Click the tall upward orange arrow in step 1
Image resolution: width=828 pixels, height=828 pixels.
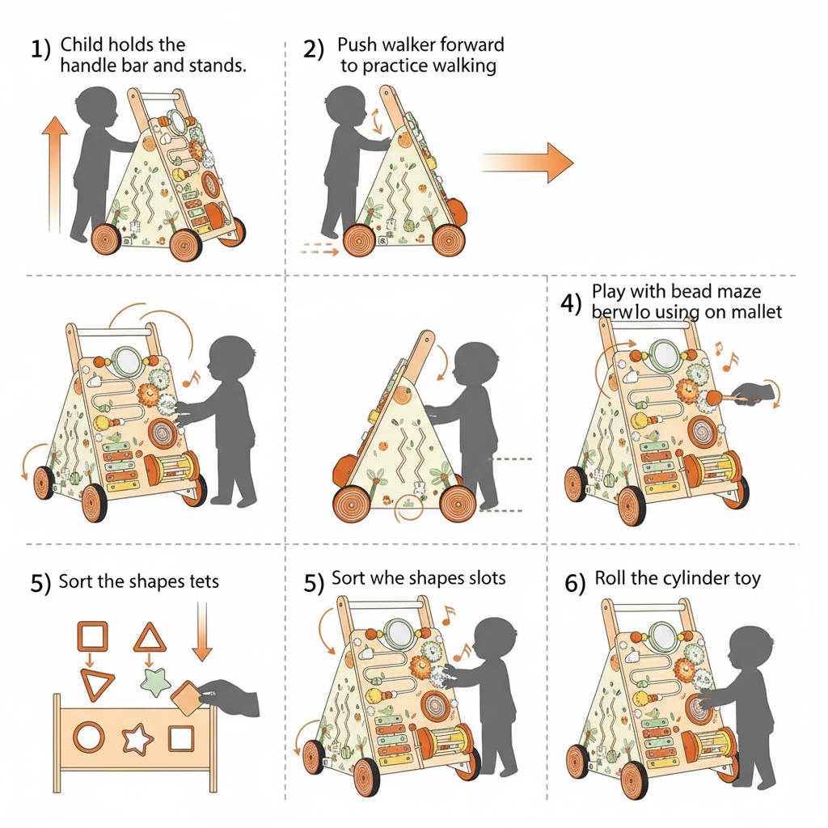(x=53, y=173)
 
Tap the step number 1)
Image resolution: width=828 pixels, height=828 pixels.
(x=41, y=49)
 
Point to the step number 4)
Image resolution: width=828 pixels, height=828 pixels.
(x=571, y=304)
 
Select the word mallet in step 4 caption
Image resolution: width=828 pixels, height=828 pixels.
(x=755, y=311)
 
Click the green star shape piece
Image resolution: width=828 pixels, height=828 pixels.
(x=154, y=681)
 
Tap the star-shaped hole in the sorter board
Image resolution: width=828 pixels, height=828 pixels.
(x=136, y=738)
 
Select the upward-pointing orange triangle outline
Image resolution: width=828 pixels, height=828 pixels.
(x=150, y=637)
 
